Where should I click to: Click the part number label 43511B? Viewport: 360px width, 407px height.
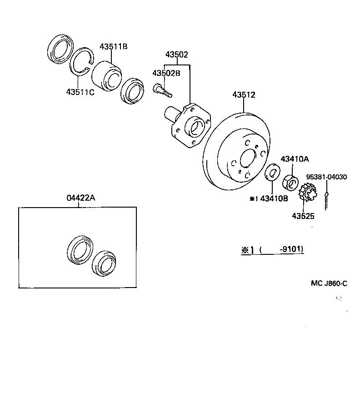click(114, 47)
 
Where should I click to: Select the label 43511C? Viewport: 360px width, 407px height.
click(80, 92)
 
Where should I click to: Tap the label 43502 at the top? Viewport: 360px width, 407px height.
click(176, 55)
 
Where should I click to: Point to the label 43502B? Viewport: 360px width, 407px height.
click(166, 73)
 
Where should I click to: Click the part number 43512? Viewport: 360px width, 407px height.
click(244, 95)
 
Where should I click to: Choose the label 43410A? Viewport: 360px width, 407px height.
click(295, 159)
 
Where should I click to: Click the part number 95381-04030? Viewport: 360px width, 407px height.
click(326, 177)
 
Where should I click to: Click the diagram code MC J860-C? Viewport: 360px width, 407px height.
click(329, 283)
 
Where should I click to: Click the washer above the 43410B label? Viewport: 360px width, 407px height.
click(272, 173)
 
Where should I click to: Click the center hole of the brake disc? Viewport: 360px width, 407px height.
click(247, 159)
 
